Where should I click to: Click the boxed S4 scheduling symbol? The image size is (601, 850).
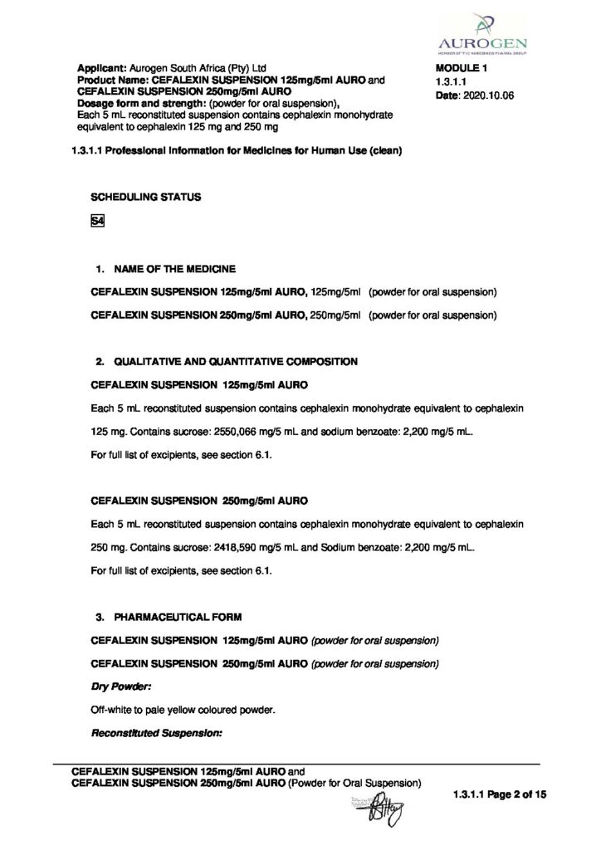click(96, 220)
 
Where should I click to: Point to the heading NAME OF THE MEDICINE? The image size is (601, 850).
click(175, 270)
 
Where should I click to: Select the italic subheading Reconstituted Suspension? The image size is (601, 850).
click(156, 732)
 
